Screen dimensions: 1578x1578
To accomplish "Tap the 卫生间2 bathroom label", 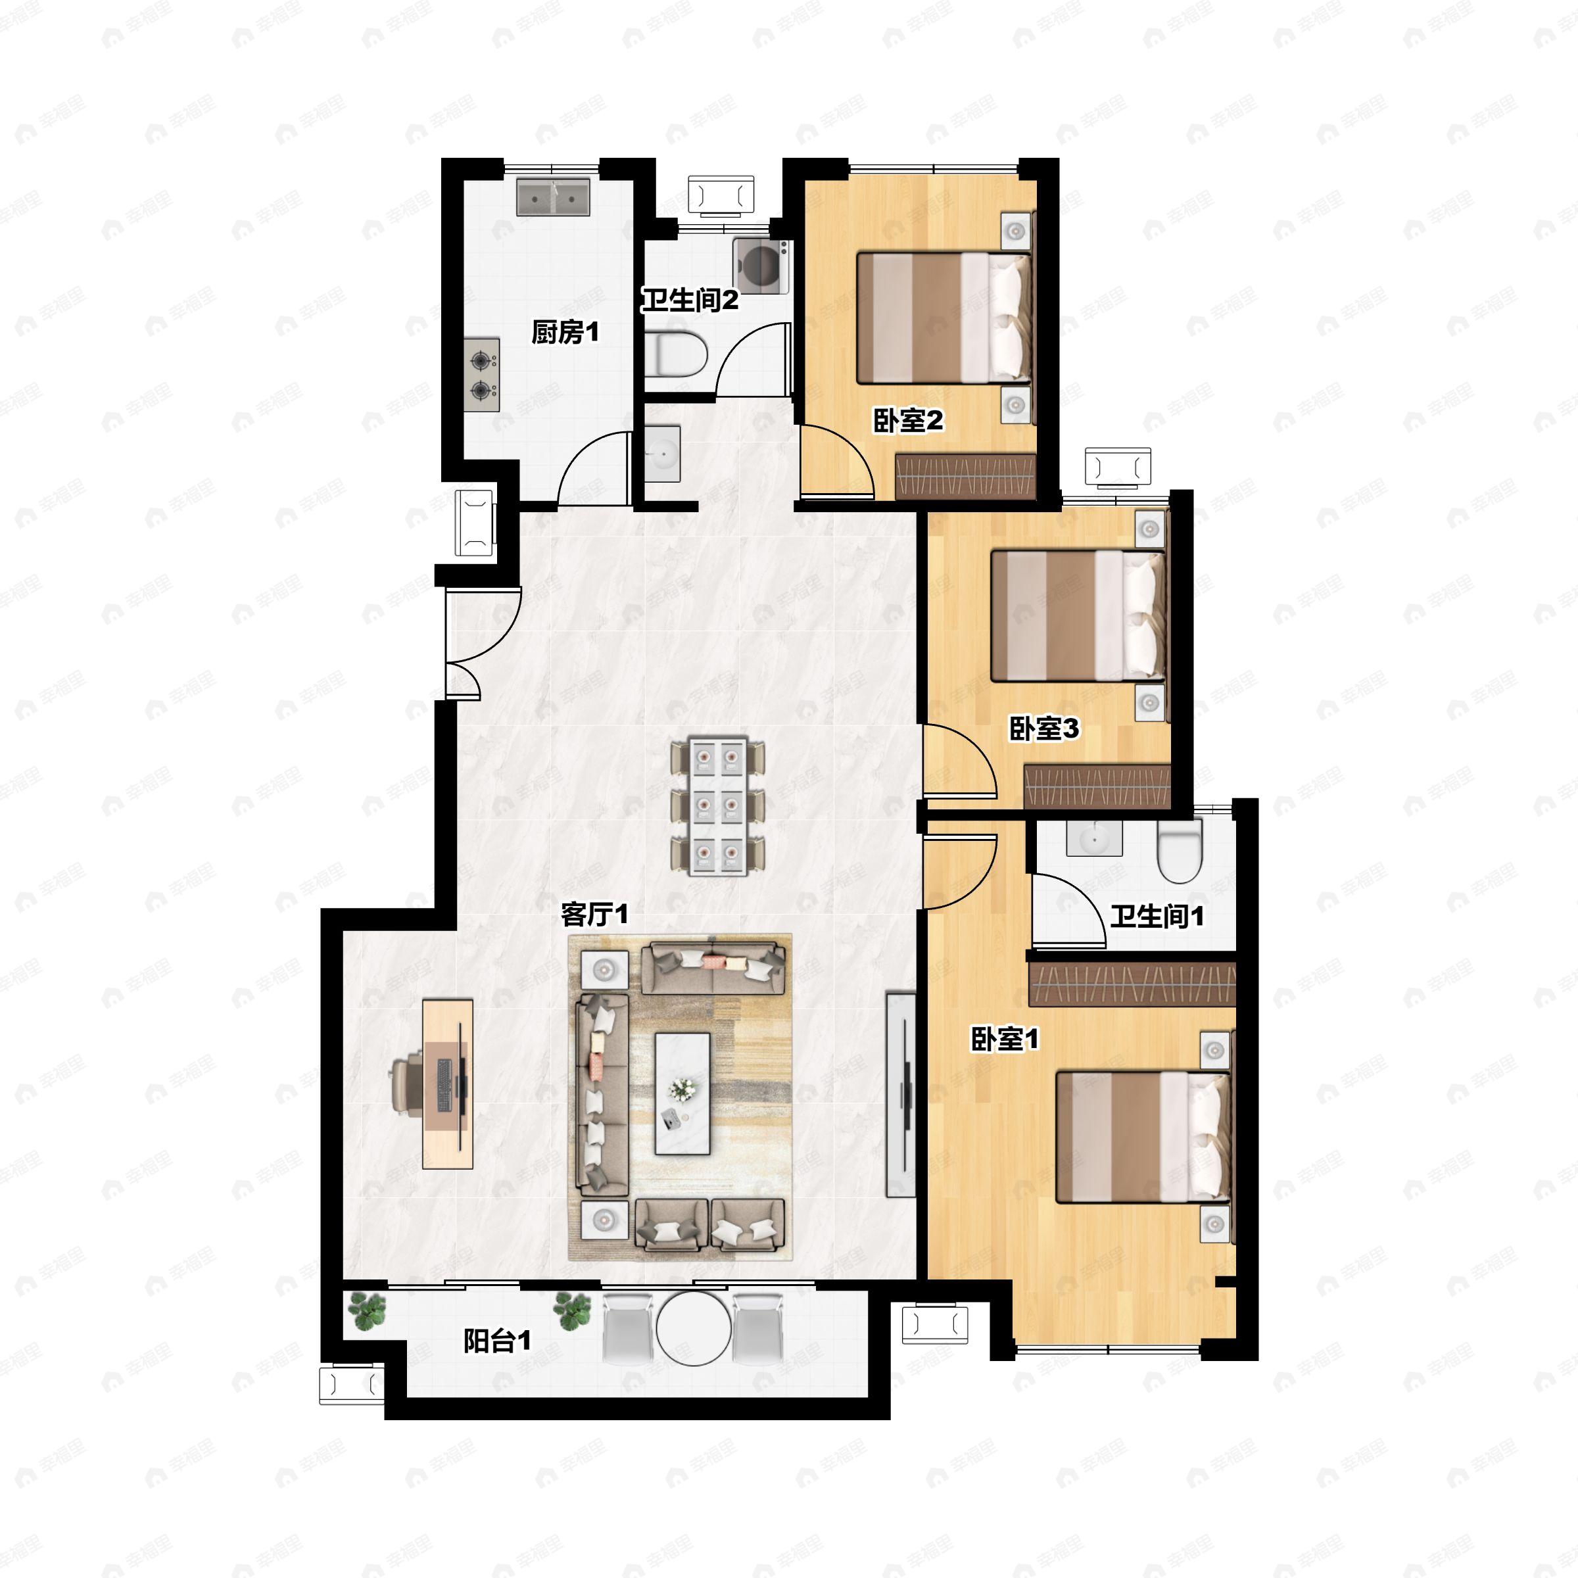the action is pyautogui.click(x=689, y=300).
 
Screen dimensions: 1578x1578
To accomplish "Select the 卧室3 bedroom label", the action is pyautogui.click(x=1044, y=728).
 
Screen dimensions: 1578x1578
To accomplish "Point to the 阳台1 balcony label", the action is pyautogui.click(x=498, y=1341).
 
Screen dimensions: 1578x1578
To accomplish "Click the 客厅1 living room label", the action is pyautogui.click(x=594, y=914).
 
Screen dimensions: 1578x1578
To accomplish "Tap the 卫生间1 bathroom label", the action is pyautogui.click(x=1156, y=916).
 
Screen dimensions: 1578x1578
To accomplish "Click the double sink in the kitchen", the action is pyautogui.click(x=553, y=198).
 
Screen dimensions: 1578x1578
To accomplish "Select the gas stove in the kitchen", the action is pyautogui.click(x=483, y=375).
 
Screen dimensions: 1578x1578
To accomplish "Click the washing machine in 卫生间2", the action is pyautogui.click(x=762, y=266).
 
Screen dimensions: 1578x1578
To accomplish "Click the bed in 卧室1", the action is pyautogui.click(x=1143, y=1137).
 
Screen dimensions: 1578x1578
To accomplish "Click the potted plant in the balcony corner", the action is pyautogui.click(x=367, y=1310).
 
